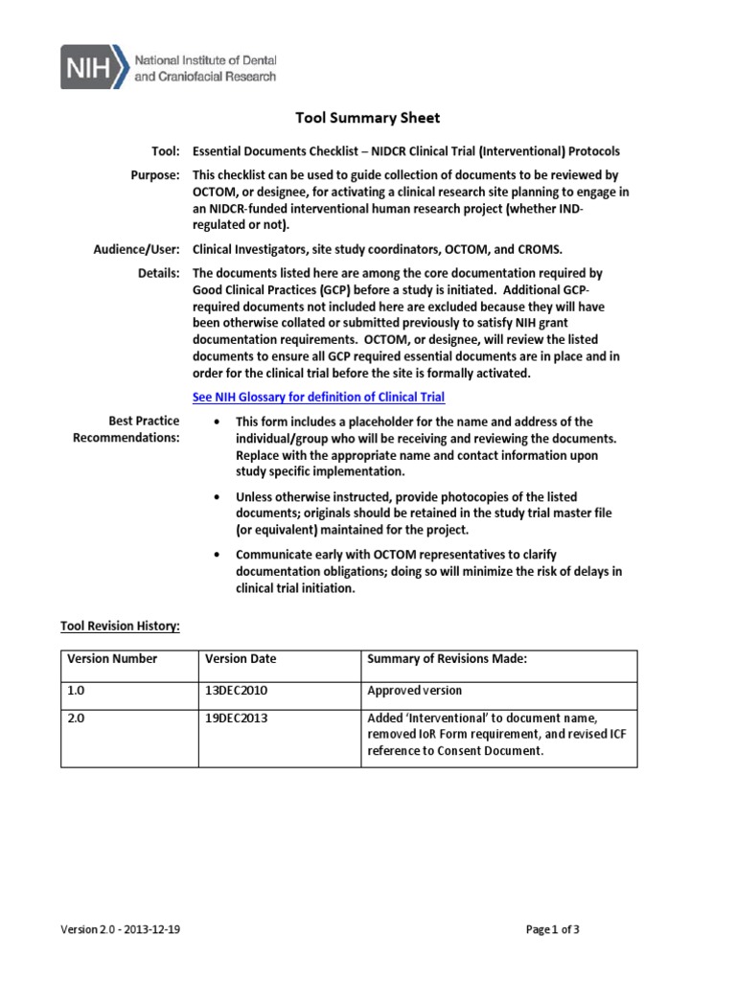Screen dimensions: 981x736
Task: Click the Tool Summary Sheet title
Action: pyautogui.click(x=367, y=118)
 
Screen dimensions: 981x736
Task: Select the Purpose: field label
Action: pyautogui.click(x=155, y=175)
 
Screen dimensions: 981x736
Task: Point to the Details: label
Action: pyautogui.click(x=159, y=273)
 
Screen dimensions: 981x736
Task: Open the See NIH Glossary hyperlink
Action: pyautogui.click(x=319, y=397)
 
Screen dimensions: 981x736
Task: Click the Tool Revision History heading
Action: pyautogui.click(x=120, y=626)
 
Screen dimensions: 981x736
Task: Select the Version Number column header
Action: pyautogui.click(x=112, y=659)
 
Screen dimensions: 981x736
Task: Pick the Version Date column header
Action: pyautogui.click(x=241, y=659)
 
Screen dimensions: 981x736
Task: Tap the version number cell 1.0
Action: pyautogui.click(x=76, y=690)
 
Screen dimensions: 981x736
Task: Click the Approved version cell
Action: pyautogui.click(x=414, y=690)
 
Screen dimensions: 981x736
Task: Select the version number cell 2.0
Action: pyautogui.click(x=76, y=719)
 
